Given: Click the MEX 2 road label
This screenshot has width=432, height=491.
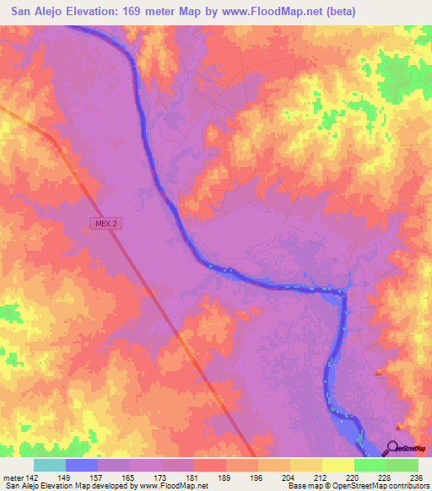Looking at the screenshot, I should point(104,223).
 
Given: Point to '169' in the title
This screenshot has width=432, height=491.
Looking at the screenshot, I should point(152,12).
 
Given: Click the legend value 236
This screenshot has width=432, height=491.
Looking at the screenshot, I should point(415,477).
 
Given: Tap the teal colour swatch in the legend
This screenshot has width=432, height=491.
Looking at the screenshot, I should point(50,465).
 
